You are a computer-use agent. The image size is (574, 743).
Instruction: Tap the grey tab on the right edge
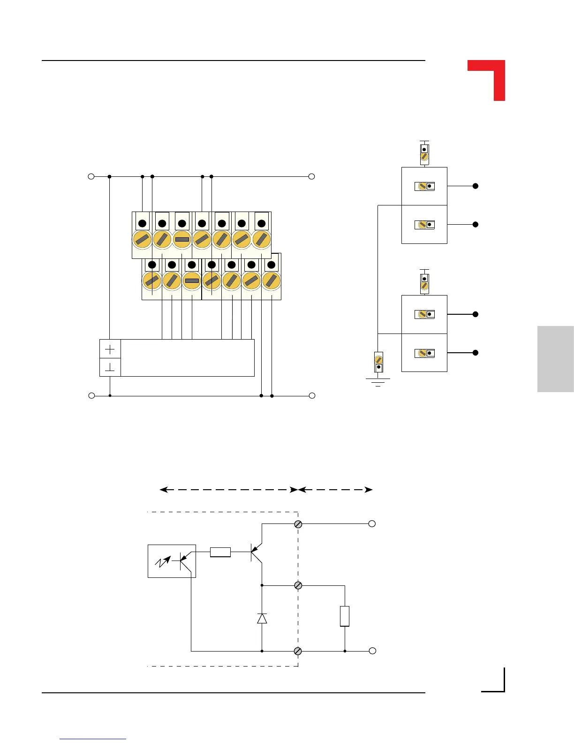click(x=555, y=359)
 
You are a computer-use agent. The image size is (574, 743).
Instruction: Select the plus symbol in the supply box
click(x=110, y=349)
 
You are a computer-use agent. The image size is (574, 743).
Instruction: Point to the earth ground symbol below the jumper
click(x=378, y=382)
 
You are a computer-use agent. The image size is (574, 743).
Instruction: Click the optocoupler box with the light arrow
click(x=172, y=561)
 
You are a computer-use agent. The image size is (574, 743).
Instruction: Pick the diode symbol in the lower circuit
click(x=262, y=619)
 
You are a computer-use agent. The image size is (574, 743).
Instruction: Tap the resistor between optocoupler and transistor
click(x=220, y=552)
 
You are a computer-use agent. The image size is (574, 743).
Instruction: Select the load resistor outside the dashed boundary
click(x=345, y=616)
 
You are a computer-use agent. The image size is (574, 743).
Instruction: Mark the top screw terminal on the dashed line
click(x=298, y=524)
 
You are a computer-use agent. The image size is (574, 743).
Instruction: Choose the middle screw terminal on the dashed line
click(x=298, y=585)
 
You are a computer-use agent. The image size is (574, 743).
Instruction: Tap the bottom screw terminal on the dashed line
click(x=298, y=651)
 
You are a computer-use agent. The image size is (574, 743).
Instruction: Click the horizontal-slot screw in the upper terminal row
click(x=182, y=239)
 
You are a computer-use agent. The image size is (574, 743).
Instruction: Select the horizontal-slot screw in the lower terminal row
click(x=192, y=281)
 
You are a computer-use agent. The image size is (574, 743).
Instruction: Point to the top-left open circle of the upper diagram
click(x=91, y=176)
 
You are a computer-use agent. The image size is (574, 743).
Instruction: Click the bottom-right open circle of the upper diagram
click(x=312, y=396)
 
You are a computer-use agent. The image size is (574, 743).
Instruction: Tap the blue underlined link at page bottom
click(x=93, y=738)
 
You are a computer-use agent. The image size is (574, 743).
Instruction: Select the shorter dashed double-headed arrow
click(x=335, y=490)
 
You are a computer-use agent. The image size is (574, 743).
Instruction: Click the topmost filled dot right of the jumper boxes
click(x=475, y=186)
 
